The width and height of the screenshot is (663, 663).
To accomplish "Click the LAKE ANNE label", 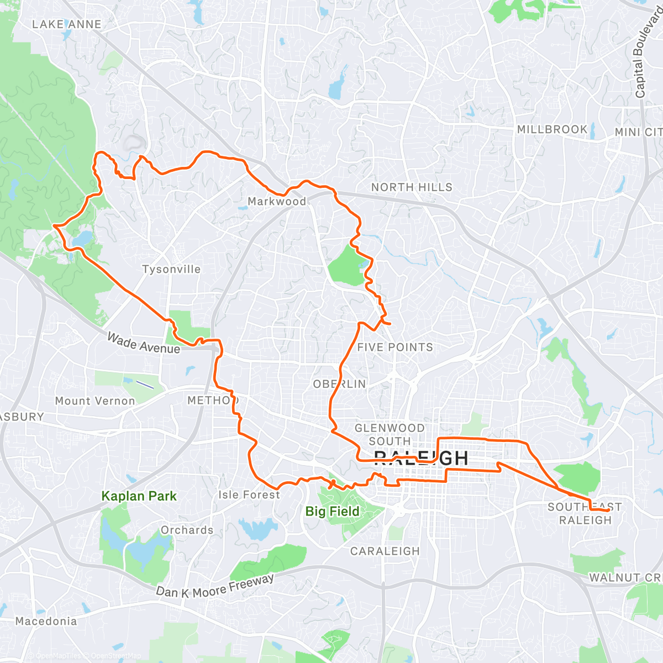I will pyautogui.click(x=67, y=24).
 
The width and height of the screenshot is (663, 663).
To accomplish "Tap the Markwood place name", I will pyautogui.click(x=277, y=202).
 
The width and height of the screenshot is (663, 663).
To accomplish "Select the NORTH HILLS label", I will pyautogui.click(x=412, y=187).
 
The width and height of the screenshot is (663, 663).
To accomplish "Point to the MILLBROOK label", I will pyautogui.click(x=552, y=129).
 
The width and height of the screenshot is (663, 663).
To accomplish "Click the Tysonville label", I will pyautogui.click(x=171, y=270).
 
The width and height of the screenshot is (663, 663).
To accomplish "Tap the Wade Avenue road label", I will pyautogui.click(x=144, y=343).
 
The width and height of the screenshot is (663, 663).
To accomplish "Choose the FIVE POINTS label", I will pyautogui.click(x=395, y=348).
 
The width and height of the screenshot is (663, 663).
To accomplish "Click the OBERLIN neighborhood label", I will pyautogui.click(x=339, y=384).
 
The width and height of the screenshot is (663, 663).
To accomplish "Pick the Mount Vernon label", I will pyautogui.click(x=95, y=401).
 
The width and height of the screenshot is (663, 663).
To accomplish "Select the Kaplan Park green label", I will pyautogui.click(x=139, y=496).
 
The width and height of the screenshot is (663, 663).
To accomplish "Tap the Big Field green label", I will pyautogui.click(x=332, y=512).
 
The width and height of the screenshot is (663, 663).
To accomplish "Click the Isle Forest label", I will pyautogui.click(x=249, y=495).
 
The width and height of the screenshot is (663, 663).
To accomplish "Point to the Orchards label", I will pyautogui.click(x=187, y=530).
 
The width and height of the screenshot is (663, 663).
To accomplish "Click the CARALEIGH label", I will pyautogui.click(x=385, y=551).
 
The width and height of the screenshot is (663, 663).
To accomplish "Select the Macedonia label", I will pyautogui.click(x=46, y=622).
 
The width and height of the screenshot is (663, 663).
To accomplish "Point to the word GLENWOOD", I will pyautogui.click(x=390, y=428).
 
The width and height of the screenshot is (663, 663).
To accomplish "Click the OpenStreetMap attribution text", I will pyautogui.click(x=116, y=656).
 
